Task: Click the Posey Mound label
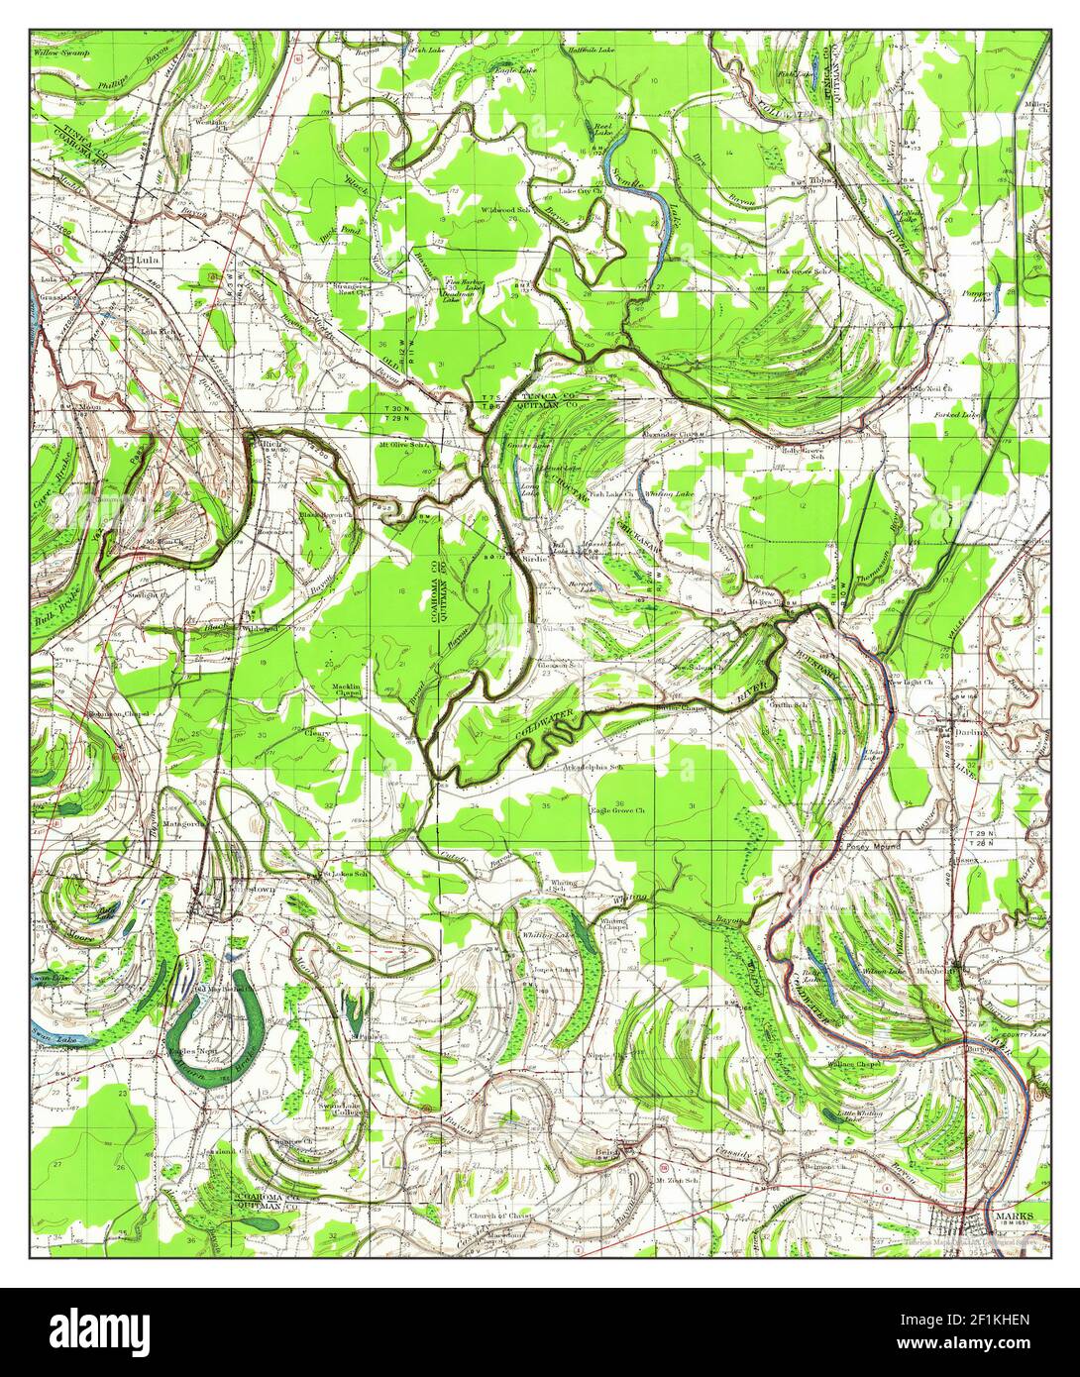pyautogui.click(x=869, y=849)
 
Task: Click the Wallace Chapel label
pyautogui.click(x=856, y=1063)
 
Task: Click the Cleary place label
pyautogui.click(x=317, y=733)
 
